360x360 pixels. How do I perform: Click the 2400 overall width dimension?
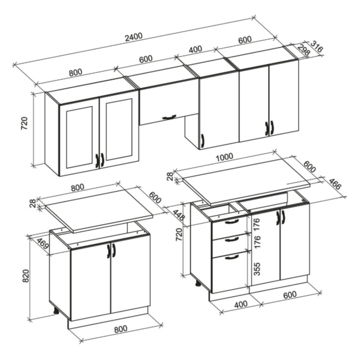[134, 37]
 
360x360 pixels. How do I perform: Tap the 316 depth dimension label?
[316, 46]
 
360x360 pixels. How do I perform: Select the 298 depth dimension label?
[304, 50]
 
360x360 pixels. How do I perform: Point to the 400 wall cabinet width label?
[195, 49]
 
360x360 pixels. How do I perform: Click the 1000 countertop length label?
[224, 157]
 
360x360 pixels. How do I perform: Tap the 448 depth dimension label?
[178, 214]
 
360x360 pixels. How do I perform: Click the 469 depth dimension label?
[42, 244]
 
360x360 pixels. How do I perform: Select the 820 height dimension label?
[25, 275]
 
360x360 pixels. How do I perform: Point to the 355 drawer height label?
[257, 269]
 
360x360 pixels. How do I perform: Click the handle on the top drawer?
[231, 221]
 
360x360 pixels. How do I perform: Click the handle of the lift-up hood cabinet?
[169, 117]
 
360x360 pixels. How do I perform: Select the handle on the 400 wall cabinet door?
[202, 140]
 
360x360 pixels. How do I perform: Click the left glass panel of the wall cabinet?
[79, 137]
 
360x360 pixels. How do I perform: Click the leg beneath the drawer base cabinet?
[198, 284]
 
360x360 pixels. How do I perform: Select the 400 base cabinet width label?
[241, 304]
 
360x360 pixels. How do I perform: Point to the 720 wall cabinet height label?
[24, 123]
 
